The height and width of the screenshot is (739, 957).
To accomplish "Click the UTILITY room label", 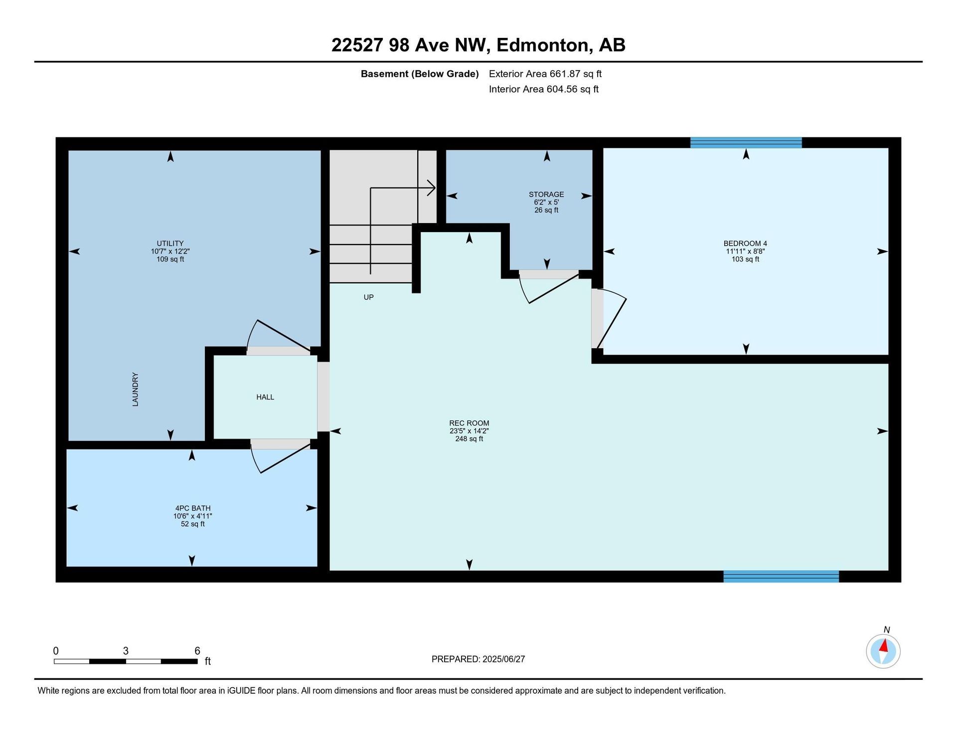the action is tap(170, 244).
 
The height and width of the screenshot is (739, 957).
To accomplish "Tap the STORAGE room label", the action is tap(546, 194).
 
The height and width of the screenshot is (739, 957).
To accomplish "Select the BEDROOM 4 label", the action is tap(745, 244).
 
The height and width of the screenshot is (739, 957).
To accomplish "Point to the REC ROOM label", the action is tap(469, 423).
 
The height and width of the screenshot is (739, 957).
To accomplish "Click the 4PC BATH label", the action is tap(193, 508).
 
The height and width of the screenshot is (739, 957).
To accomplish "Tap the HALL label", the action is tap(265, 397).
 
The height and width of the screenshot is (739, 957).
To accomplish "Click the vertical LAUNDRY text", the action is tap(135, 389).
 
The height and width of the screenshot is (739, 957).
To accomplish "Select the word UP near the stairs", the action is tap(368, 297).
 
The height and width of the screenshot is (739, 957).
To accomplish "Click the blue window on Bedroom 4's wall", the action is tap(746, 142).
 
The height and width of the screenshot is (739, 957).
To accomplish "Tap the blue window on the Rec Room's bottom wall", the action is tap(781, 577).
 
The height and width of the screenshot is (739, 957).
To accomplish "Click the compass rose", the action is tap(883, 651).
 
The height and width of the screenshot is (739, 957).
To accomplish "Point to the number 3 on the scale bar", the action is tap(126, 651).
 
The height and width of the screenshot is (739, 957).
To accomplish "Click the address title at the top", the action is tap(478, 45).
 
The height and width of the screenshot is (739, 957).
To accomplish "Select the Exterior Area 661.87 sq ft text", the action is tap(545, 74).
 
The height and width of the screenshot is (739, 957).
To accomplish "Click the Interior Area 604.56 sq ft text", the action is tap(544, 89).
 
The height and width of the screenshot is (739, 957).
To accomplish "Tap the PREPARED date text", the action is tap(478, 659).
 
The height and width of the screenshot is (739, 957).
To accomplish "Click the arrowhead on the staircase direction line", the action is tap(432, 188).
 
